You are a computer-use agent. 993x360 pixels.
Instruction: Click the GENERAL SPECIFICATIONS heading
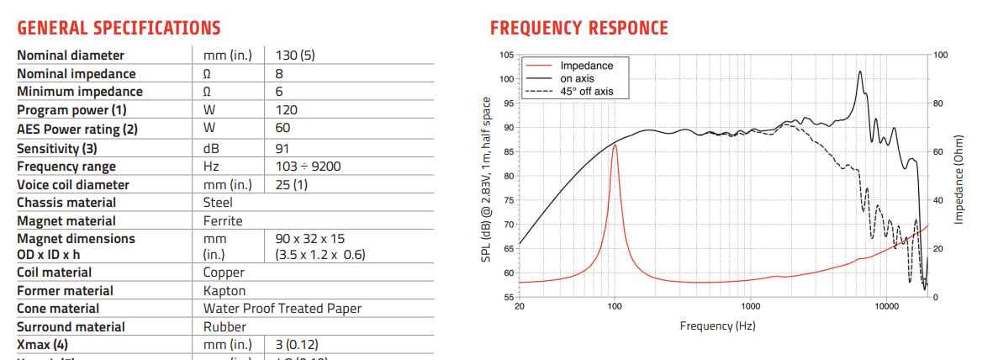(x=119, y=28)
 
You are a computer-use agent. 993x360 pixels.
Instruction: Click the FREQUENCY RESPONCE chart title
(x=578, y=28)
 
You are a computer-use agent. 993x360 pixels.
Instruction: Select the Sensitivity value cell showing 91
(x=283, y=148)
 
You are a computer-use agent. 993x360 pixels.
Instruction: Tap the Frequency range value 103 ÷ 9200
(x=308, y=167)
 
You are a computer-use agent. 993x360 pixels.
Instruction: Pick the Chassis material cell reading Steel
(x=218, y=203)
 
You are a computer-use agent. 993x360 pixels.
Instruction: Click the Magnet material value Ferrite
(x=223, y=220)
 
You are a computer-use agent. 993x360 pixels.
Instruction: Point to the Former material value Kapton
(x=224, y=291)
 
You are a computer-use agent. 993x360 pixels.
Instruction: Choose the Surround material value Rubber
(x=223, y=327)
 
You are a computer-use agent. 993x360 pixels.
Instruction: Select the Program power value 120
(x=286, y=110)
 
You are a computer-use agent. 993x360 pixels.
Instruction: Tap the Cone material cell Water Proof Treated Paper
(x=282, y=309)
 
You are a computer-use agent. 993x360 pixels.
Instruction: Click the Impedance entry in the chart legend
(x=586, y=66)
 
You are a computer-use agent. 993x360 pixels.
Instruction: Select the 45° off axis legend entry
(x=586, y=91)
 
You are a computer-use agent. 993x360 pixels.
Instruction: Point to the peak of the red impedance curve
(x=615, y=145)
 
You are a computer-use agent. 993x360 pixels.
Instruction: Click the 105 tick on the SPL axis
(x=506, y=55)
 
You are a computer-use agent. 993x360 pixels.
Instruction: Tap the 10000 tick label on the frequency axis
(x=887, y=307)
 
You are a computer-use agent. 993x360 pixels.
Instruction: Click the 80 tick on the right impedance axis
(x=939, y=103)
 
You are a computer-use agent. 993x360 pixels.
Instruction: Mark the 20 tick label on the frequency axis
(x=519, y=307)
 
